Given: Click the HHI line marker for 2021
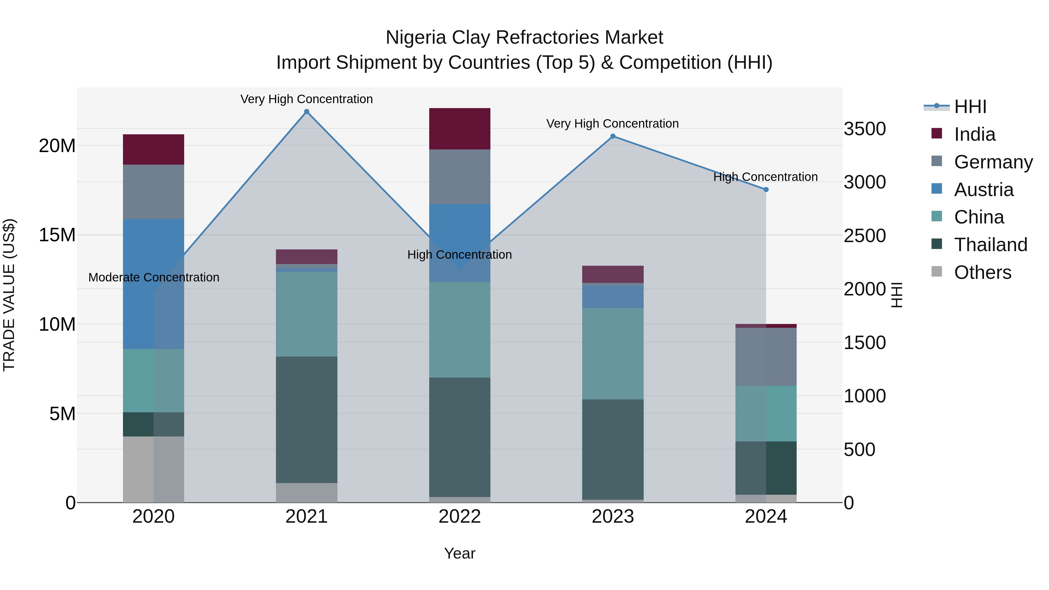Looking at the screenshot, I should [307, 112].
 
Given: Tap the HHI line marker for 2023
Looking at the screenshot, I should [613, 136].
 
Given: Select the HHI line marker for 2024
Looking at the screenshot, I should [766, 190].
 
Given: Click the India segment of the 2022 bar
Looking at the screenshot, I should [460, 129].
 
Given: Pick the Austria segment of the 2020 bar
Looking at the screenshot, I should [154, 284].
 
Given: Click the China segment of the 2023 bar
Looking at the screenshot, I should [613, 353].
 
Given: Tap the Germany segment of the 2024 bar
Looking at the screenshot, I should [766, 357].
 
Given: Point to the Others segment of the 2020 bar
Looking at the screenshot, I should [154, 469].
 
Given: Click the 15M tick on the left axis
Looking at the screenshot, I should [57, 235].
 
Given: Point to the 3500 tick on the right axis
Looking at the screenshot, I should [865, 129].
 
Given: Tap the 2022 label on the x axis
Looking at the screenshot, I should [460, 517].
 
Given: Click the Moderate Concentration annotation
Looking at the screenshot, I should [154, 277].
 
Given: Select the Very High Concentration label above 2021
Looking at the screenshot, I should [307, 99].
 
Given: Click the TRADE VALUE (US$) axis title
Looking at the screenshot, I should [9, 295].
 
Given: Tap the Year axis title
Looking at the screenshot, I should [460, 553].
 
